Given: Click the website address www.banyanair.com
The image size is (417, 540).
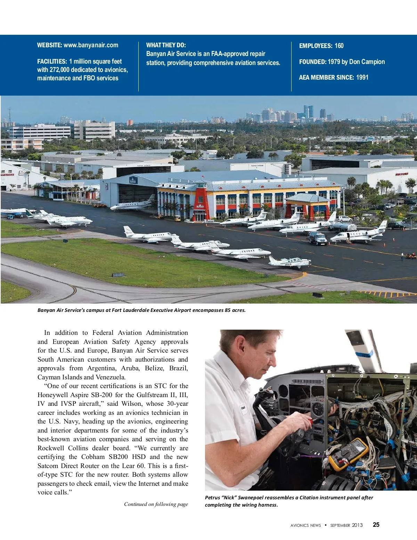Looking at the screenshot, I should (x=91, y=45).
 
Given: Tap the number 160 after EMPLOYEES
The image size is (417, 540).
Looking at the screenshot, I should (x=339, y=46).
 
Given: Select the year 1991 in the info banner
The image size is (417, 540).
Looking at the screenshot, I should (x=362, y=78).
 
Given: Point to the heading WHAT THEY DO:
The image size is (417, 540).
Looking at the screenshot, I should (x=166, y=45).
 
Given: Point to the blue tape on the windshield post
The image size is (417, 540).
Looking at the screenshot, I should (x=363, y=355).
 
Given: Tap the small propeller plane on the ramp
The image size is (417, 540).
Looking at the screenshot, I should (x=289, y=262).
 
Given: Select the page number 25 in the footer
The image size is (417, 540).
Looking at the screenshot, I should (x=376, y=525).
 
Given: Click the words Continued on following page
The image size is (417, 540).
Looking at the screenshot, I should (x=156, y=504).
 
